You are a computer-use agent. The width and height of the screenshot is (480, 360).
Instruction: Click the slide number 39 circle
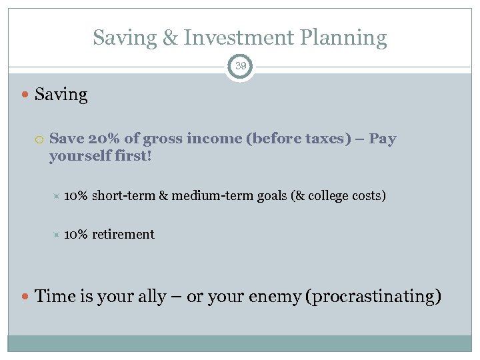[x=240, y=66]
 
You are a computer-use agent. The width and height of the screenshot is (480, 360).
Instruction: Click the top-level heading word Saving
[x=61, y=95]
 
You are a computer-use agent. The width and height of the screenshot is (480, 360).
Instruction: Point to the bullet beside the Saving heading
[x=25, y=95]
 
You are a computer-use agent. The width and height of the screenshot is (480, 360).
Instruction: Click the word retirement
[x=123, y=234]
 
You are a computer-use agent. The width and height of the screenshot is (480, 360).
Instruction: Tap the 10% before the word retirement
[x=76, y=234]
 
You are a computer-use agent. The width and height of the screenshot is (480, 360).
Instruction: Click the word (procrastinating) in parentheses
[x=373, y=296]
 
